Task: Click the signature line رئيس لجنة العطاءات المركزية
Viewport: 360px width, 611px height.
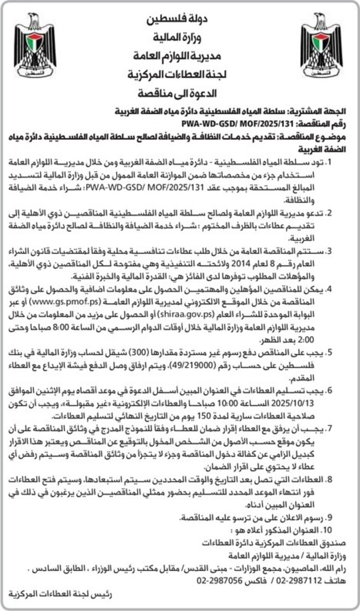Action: click(x=60, y=594)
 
